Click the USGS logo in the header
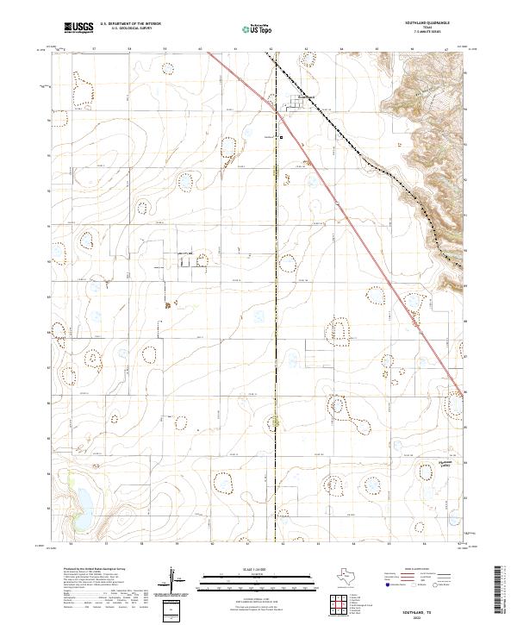tap(79, 28)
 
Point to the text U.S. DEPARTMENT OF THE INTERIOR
tap(131, 23)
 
